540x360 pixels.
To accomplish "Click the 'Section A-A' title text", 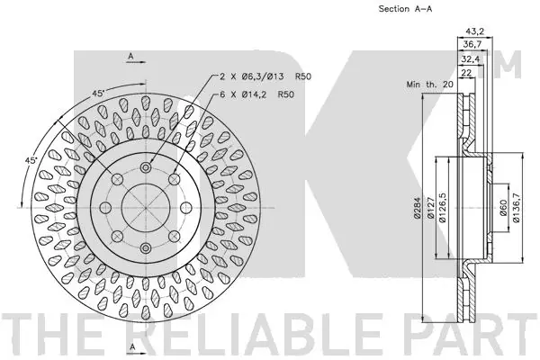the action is (x=405, y=9).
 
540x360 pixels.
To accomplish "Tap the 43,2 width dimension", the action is (x=475, y=31).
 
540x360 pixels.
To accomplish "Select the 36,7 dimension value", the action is (x=472, y=44).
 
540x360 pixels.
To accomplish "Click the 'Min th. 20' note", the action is (x=430, y=84).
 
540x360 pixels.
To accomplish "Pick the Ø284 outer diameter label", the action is (x=417, y=207).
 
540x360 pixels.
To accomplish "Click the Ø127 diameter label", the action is (x=430, y=207).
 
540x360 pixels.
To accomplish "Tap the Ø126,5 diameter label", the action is (x=443, y=207).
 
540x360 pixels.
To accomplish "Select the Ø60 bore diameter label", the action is (x=503, y=208).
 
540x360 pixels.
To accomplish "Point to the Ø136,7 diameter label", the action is (x=516, y=207).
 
